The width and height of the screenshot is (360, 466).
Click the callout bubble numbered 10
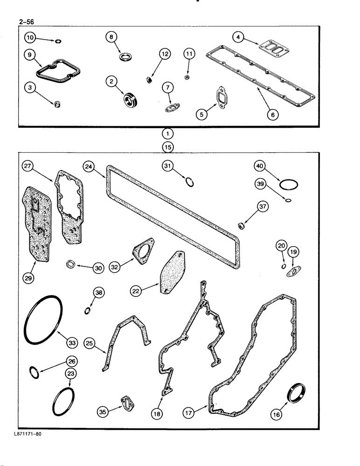30,36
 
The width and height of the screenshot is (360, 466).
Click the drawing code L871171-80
28,434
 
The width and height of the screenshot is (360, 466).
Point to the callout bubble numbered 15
167,147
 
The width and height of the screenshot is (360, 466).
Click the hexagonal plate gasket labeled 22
172,273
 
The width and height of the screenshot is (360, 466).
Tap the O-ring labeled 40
289,185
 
